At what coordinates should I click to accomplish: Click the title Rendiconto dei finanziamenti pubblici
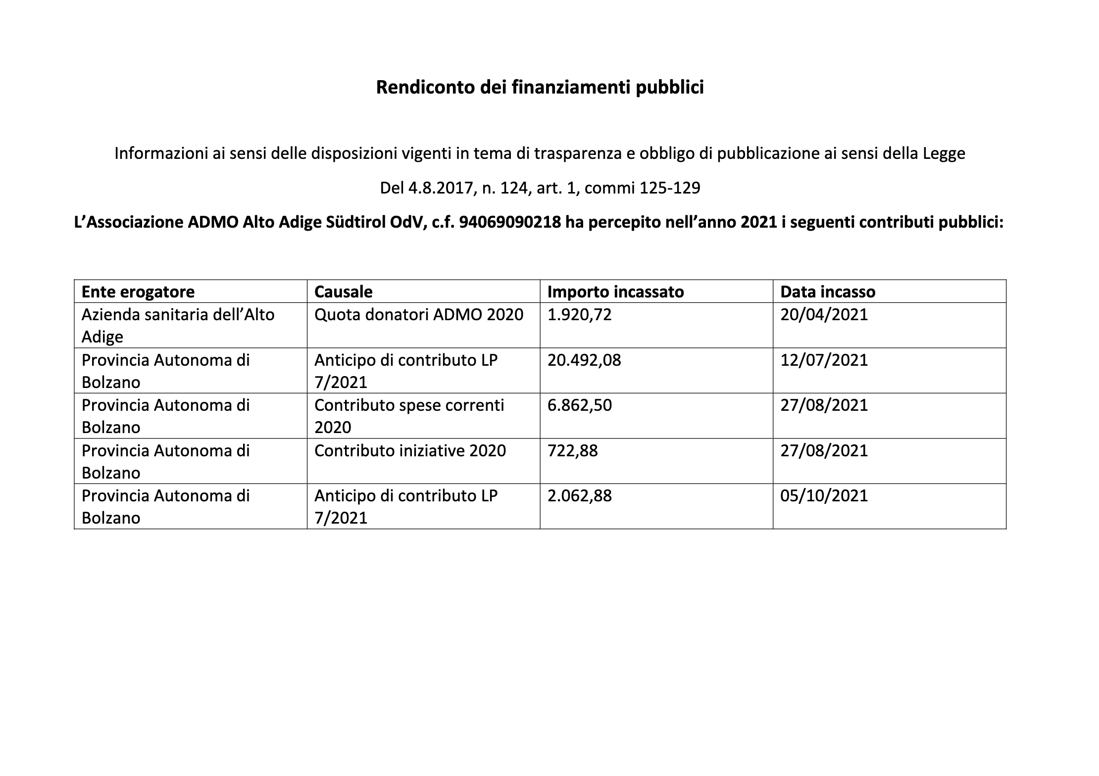point(540,88)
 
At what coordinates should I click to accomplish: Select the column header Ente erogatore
point(138,292)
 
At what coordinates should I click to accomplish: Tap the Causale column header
point(343,292)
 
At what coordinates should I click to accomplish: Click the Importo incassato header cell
point(615,292)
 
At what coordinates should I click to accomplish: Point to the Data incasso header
point(827,292)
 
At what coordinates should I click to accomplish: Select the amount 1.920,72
point(579,315)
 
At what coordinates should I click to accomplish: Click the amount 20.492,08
point(584,360)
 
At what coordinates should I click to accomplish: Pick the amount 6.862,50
point(579,405)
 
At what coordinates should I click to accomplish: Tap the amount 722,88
point(572,451)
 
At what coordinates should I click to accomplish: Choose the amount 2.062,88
point(579,496)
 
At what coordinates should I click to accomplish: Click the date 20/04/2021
point(824,315)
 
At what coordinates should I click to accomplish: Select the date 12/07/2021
point(824,360)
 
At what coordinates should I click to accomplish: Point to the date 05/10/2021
point(824,496)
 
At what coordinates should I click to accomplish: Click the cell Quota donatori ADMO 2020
point(418,315)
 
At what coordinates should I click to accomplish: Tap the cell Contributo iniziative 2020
point(410,451)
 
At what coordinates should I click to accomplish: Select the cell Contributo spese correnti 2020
point(409,416)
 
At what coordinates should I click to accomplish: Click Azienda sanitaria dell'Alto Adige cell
point(178,325)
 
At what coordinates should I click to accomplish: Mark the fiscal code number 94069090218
point(510,223)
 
